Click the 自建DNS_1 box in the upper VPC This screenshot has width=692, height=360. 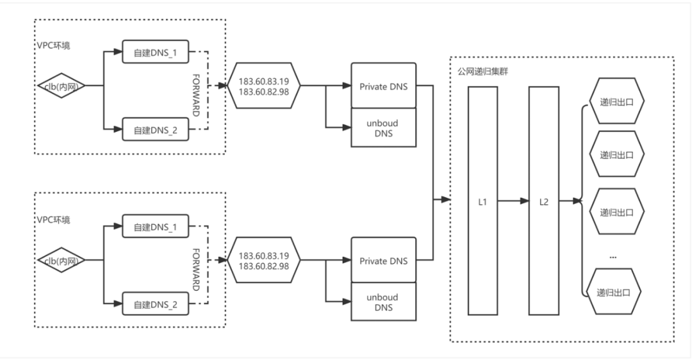click(155, 52)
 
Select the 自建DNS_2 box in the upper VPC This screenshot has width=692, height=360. click(155, 129)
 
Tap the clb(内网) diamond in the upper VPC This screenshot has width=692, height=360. click(62, 86)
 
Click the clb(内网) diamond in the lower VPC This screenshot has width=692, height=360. click(62, 260)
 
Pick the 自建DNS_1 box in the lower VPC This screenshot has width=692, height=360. click(155, 226)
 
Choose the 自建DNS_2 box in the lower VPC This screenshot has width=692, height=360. click(155, 304)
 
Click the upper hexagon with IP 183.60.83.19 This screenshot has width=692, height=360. click(263, 86)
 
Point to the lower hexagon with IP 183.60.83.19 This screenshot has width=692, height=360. click(263, 260)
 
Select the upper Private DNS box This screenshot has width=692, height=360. click(384, 85)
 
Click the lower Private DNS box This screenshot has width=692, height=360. click(384, 260)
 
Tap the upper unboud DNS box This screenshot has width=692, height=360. click(384, 127)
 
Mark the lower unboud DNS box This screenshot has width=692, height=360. click(384, 302)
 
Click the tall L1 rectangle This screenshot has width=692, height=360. click(483, 200)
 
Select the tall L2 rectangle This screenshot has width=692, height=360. click(544, 200)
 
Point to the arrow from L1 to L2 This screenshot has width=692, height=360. click(513, 200)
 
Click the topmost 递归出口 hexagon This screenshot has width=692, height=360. click(616, 101)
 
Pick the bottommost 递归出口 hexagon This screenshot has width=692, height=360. click(613, 291)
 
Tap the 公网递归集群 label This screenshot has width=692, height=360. click(483, 71)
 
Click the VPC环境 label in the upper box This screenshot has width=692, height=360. click(53, 45)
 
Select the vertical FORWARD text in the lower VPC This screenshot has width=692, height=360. click(196, 270)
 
